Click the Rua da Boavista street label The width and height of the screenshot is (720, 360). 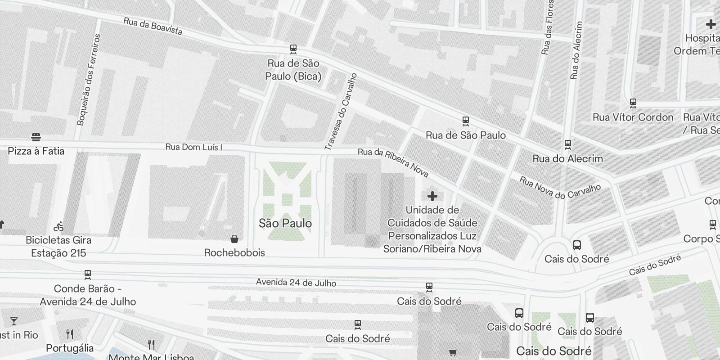click(153, 27)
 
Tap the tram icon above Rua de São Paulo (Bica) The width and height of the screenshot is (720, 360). click(293, 49)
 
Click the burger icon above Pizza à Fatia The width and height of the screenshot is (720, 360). click(36, 137)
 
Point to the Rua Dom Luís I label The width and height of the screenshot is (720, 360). click(193, 147)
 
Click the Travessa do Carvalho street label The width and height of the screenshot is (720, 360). click(341, 111)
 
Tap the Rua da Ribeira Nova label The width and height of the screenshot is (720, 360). click(393, 162)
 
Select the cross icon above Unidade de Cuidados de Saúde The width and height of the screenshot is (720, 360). click(432, 196)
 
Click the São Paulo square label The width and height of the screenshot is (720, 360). click(285, 223)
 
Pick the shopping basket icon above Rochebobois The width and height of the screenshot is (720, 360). click(234, 238)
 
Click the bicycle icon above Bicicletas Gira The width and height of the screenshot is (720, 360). click(58, 226)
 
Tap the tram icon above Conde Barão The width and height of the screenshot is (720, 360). click(88, 274)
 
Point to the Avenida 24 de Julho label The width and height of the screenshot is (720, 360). click(296, 282)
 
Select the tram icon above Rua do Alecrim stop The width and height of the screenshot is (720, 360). click(568, 144)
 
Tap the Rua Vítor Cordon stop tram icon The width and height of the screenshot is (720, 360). click(633, 103)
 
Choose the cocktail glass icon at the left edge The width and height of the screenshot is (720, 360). click(14, 321)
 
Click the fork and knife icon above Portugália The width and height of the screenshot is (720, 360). click(70, 334)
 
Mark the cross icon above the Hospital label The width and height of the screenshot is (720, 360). click(711, 24)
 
